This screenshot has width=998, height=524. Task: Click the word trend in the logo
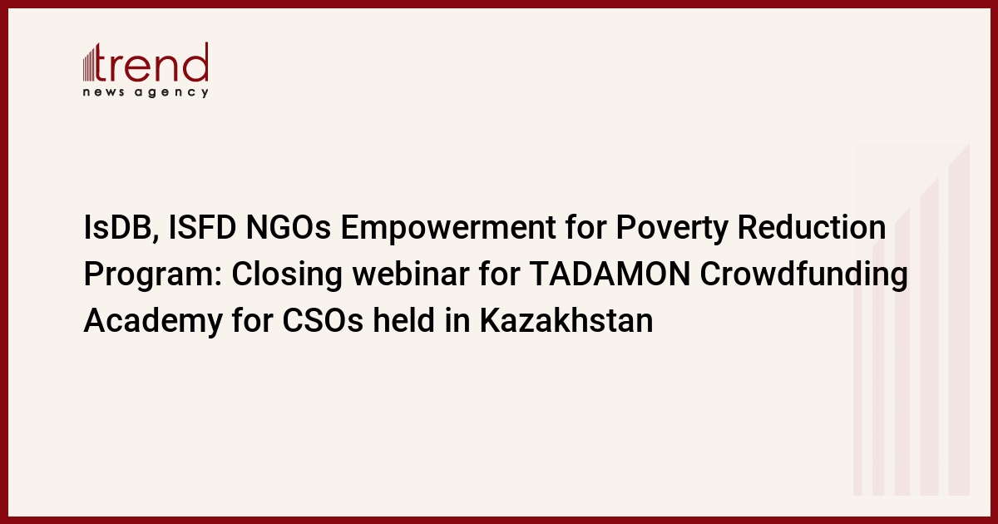(x=151, y=62)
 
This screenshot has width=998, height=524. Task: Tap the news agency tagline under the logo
(x=146, y=92)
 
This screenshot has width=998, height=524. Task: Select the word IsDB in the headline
(x=116, y=228)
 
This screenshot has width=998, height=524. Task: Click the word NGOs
(x=289, y=227)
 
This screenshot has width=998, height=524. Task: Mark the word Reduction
(x=812, y=227)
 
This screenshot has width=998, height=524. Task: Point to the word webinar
(x=411, y=274)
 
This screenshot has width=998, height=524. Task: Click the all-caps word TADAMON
(x=610, y=274)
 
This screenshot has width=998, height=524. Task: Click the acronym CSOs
(x=323, y=320)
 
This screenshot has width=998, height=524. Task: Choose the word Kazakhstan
(x=566, y=319)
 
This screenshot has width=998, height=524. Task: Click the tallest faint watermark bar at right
(x=959, y=319)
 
